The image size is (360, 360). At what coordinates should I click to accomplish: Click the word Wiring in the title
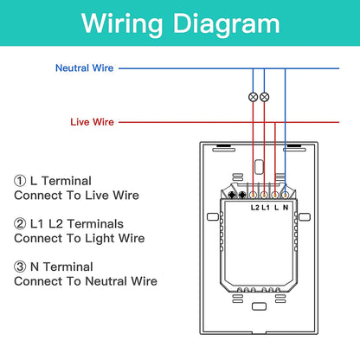(122, 25)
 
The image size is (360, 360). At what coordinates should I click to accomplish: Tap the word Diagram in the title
(227, 25)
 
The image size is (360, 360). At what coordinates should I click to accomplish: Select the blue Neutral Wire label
(84, 68)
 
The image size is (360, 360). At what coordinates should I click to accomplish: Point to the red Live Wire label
(92, 122)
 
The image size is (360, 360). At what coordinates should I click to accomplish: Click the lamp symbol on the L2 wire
(253, 97)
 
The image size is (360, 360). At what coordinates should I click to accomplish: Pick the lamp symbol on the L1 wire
(264, 97)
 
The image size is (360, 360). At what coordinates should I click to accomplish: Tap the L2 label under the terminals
(255, 208)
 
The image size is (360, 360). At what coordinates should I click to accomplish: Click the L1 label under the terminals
(266, 208)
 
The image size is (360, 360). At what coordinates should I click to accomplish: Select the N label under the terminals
(286, 208)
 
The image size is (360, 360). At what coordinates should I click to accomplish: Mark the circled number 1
(20, 181)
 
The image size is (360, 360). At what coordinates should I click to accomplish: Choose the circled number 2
(20, 224)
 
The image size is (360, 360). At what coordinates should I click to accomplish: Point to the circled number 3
(20, 267)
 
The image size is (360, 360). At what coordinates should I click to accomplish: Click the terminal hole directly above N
(285, 195)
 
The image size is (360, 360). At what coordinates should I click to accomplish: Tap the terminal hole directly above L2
(253, 195)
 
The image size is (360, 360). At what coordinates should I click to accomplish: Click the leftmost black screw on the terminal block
(232, 195)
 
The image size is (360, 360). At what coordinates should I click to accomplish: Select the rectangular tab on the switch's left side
(213, 217)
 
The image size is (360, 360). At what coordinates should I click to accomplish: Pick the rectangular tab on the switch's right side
(305, 217)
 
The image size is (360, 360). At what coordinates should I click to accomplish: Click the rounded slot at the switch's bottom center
(259, 306)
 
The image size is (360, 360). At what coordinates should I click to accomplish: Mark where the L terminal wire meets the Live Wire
(275, 122)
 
